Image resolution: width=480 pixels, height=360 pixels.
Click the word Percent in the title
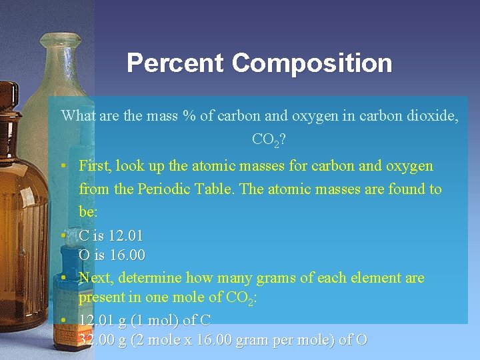click(x=175, y=63)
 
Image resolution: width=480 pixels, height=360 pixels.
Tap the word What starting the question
click(x=79, y=115)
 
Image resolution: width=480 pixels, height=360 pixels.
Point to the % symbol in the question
click(x=189, y=115)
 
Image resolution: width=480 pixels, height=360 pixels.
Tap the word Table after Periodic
click(x=215, y=189)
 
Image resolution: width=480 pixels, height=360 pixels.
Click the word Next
click(x=94, y=277)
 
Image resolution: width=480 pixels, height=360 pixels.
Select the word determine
click(x=149, y=277)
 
